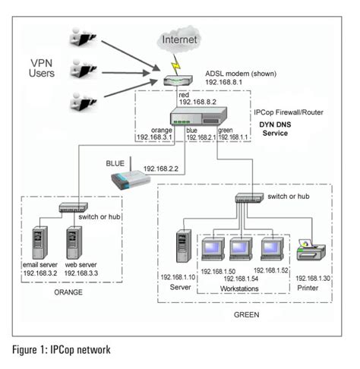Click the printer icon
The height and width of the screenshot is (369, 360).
point(313,249)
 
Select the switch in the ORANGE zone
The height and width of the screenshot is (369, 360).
point(74,207)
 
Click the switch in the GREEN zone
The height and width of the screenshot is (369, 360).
point(248,198)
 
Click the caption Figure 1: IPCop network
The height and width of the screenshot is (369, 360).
point(62,350)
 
